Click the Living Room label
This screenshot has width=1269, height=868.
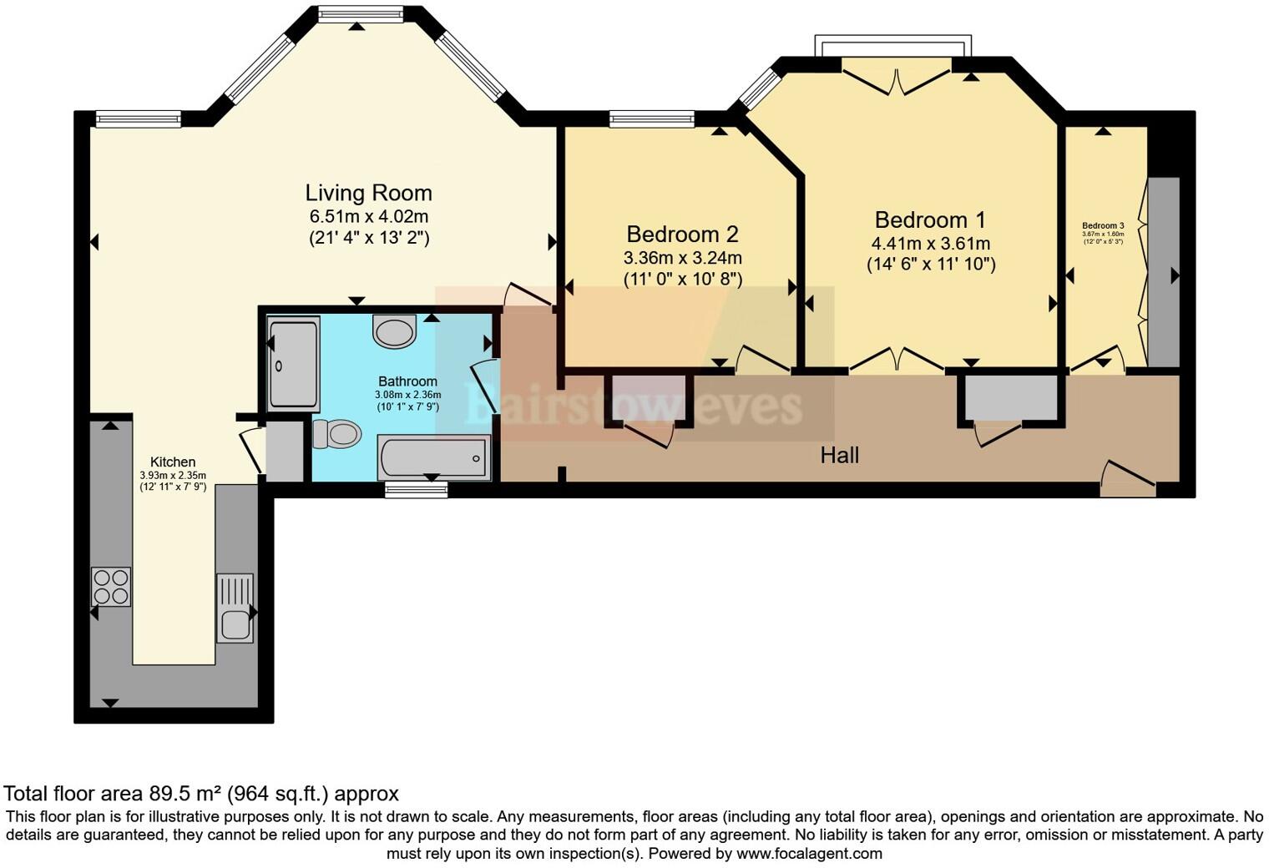[x=368, y=193]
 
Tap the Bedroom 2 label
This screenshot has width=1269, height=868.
[x=682, y=234]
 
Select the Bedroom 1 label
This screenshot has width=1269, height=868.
[x=930, y=220]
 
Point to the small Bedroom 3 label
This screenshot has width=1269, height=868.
[x=1103, y=225]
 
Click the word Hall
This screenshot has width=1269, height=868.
[x=839, y=455]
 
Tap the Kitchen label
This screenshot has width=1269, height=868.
[x=173, y=462]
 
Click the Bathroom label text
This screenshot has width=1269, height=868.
[x=407, y=381]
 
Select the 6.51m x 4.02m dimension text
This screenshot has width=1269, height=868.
[x=368, y=216]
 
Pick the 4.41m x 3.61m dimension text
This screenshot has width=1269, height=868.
[x=930, y=244]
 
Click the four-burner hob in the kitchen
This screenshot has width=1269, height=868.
[x=110, y=586]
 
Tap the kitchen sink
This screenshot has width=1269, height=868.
[x=235, y=608]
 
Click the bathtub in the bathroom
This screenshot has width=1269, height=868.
[x=433, y=457]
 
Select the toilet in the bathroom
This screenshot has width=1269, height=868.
[x=337, y=434]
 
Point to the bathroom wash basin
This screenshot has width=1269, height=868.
[x=394, y=331]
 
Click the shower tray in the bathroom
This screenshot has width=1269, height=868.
[x=292, y=363]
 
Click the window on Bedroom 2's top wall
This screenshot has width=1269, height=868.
[x=651, y=119]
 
